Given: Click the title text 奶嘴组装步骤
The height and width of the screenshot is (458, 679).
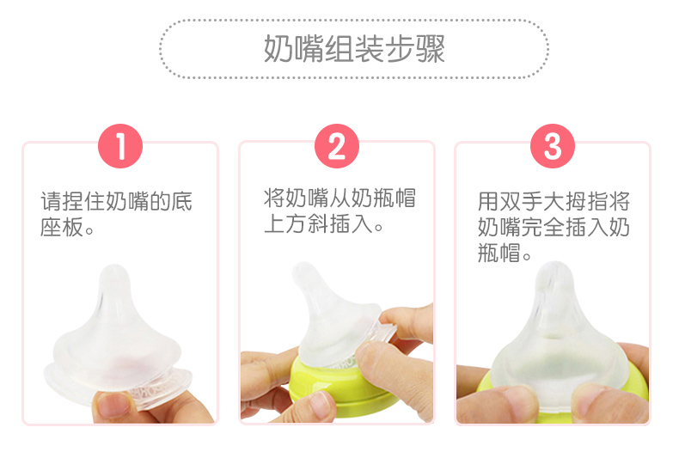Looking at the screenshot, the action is coord(354,48).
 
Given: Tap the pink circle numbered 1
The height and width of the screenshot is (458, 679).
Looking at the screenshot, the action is coord(120,146).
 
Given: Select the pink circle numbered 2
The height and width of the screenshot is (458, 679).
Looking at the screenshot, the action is coord(337,146).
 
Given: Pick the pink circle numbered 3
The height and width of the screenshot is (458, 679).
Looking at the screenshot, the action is coord(553,146).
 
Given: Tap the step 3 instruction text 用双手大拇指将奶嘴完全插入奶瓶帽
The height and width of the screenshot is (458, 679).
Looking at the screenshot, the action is coord(554,227).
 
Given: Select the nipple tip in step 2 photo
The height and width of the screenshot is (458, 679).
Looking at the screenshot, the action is coord(303,272).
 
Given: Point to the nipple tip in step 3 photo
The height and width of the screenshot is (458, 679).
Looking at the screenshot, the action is coord(554,272).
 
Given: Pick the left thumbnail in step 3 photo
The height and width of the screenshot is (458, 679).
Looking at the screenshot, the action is coord(520,397).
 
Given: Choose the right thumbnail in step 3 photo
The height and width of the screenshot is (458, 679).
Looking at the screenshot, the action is coord(594,397).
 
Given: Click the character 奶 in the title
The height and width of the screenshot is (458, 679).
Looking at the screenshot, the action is coord(278,48).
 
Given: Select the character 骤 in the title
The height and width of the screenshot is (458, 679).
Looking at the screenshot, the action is coord(431,48).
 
